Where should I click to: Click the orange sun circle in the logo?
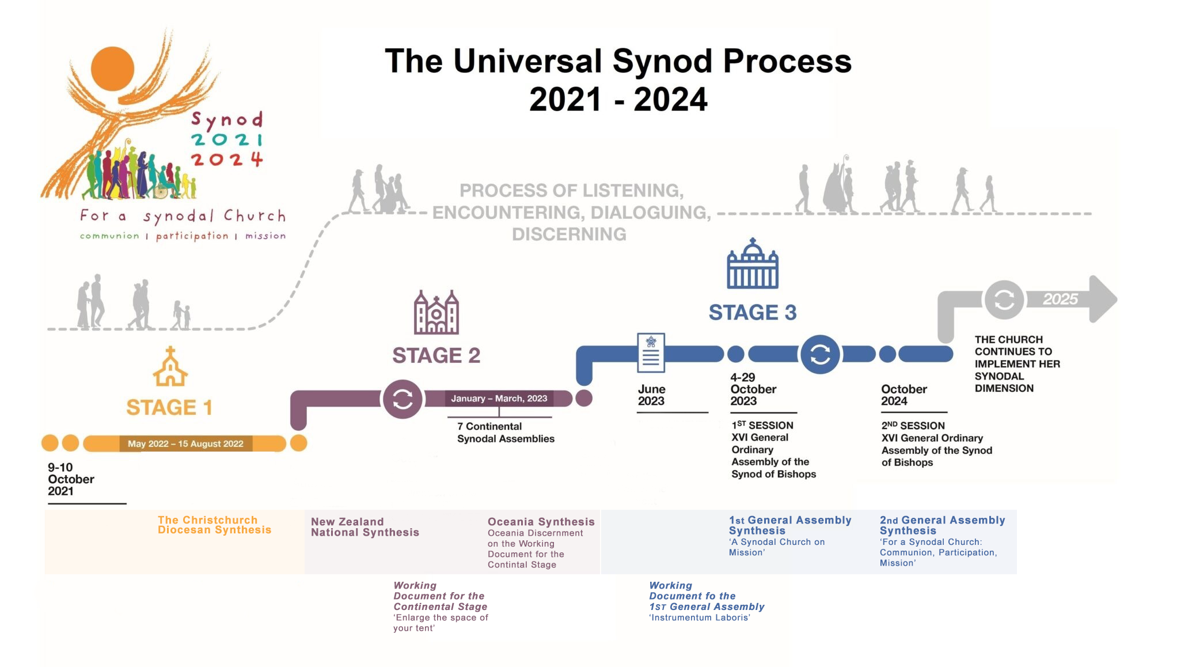pyautogui.click(x=112, y=69)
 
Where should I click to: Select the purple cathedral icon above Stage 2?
pyautogui.click(x=436, y=312)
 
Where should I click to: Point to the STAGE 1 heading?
pyautogui.click(x=169, y=407)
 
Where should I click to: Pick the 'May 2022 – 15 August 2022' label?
pyautogui.click(x=185, y=444)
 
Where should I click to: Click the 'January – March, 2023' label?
pyautogui.click(x=499, y=398)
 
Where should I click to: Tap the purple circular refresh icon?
pyautogui.click(x=403, y=399)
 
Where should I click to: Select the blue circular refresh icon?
pyautogui.click(x=819, y=354)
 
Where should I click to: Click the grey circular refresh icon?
pyautogui.click(x=1004, y=300)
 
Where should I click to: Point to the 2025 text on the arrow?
pyautogui.click(x=1060, y=300)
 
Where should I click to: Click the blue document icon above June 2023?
pyautogui.click(x=651, y=353)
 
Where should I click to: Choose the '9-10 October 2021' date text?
pyautogui.click(x=71, y=479)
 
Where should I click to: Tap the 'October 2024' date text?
pyautogui.click(x=903, y=395)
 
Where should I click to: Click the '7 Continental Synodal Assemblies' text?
pyautogui.click(x=506, y=433)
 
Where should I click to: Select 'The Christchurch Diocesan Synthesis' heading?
pyautogui.click(x=214, y=525)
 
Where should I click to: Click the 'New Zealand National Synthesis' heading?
pyautogui.click(x=365, y=527)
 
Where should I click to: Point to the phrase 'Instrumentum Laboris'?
pyautogui.click(x=700, y=617)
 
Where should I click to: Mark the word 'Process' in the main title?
pyautogui.click(x=787, y=61)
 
